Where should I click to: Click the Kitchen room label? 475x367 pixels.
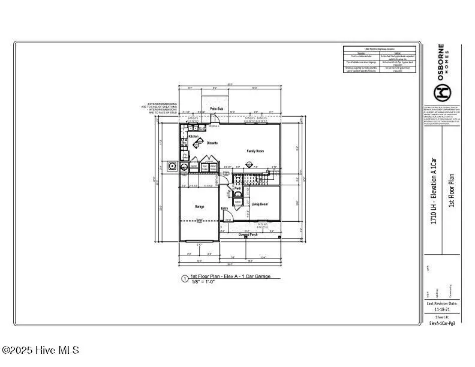coord(194,137)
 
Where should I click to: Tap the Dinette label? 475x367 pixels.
coord(212,143)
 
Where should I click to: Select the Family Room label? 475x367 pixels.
coord(255,151)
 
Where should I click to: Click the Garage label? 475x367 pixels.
coord(199,207)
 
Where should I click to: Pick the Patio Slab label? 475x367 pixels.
coord(216,109)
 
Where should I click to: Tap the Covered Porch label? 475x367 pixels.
coord(251,234)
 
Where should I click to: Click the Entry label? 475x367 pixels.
coord(224,209)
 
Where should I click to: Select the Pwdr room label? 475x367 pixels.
coord(237,188)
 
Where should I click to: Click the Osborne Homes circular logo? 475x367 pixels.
coord(443,92)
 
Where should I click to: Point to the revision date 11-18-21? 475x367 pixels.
coord(441,309)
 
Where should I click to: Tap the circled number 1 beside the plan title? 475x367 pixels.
coord(184,278)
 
